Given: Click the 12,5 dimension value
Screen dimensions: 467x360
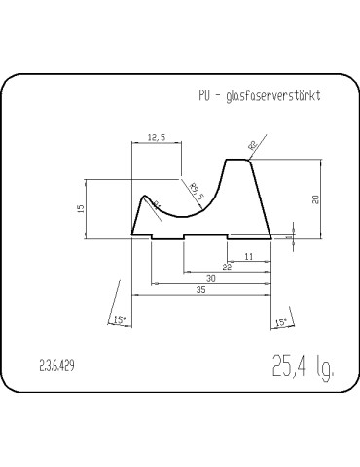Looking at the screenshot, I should point(156,139).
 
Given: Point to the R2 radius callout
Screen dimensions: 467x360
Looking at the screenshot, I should point(254,146).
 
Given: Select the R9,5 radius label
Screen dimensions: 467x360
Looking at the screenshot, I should point(196,192).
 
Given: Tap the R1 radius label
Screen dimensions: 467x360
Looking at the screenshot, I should point(159,205).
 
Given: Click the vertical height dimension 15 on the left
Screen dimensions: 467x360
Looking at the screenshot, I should point(82,207).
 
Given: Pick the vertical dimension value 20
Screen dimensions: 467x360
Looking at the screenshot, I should point(315,199).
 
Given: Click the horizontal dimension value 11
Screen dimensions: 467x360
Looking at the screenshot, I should point(249,256).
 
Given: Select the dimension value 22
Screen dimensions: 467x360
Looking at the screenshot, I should point(227,266).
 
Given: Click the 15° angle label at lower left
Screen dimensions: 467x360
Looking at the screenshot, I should point(119,320).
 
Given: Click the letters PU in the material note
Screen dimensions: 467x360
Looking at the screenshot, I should point(202,95).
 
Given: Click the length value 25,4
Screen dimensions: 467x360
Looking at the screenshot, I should point(290,367).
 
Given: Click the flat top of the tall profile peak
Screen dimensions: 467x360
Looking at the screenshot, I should point(237,160).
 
